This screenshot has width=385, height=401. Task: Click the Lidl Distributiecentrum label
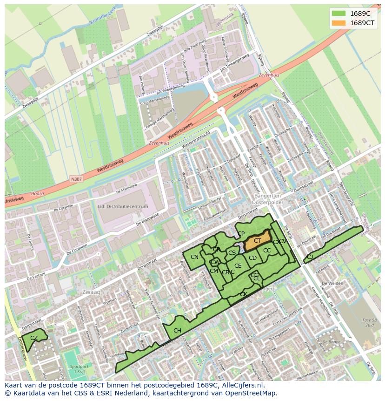pos(123,206)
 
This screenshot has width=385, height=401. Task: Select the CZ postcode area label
pos(34,338)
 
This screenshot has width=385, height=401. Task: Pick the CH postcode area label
pos(177,331)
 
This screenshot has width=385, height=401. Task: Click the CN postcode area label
pos(194,257)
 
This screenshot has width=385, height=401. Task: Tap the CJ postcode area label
pos(310,257)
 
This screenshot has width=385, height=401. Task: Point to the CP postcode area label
pos(241,234)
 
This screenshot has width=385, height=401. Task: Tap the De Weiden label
pos(332,283)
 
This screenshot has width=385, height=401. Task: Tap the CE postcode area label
pos(238,266)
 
